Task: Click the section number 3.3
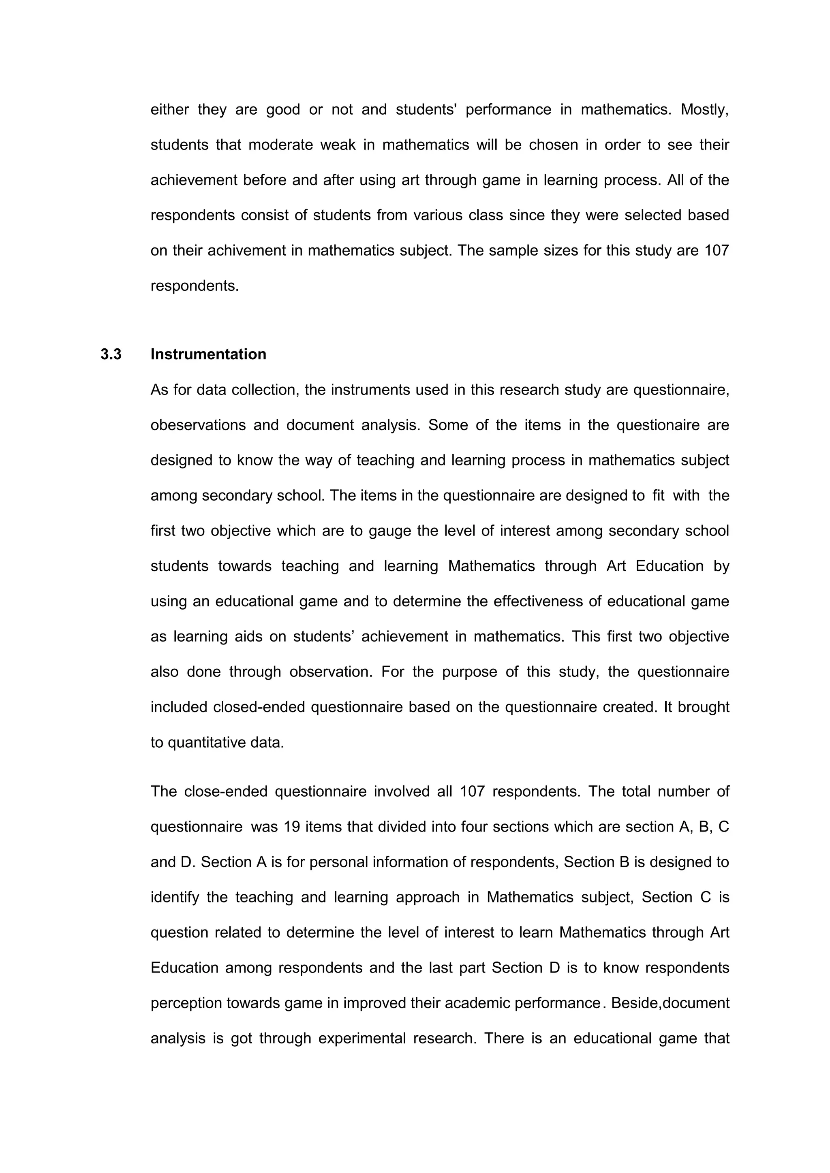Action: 111,354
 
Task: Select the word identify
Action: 175,897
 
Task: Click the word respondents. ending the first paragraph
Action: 195,286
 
